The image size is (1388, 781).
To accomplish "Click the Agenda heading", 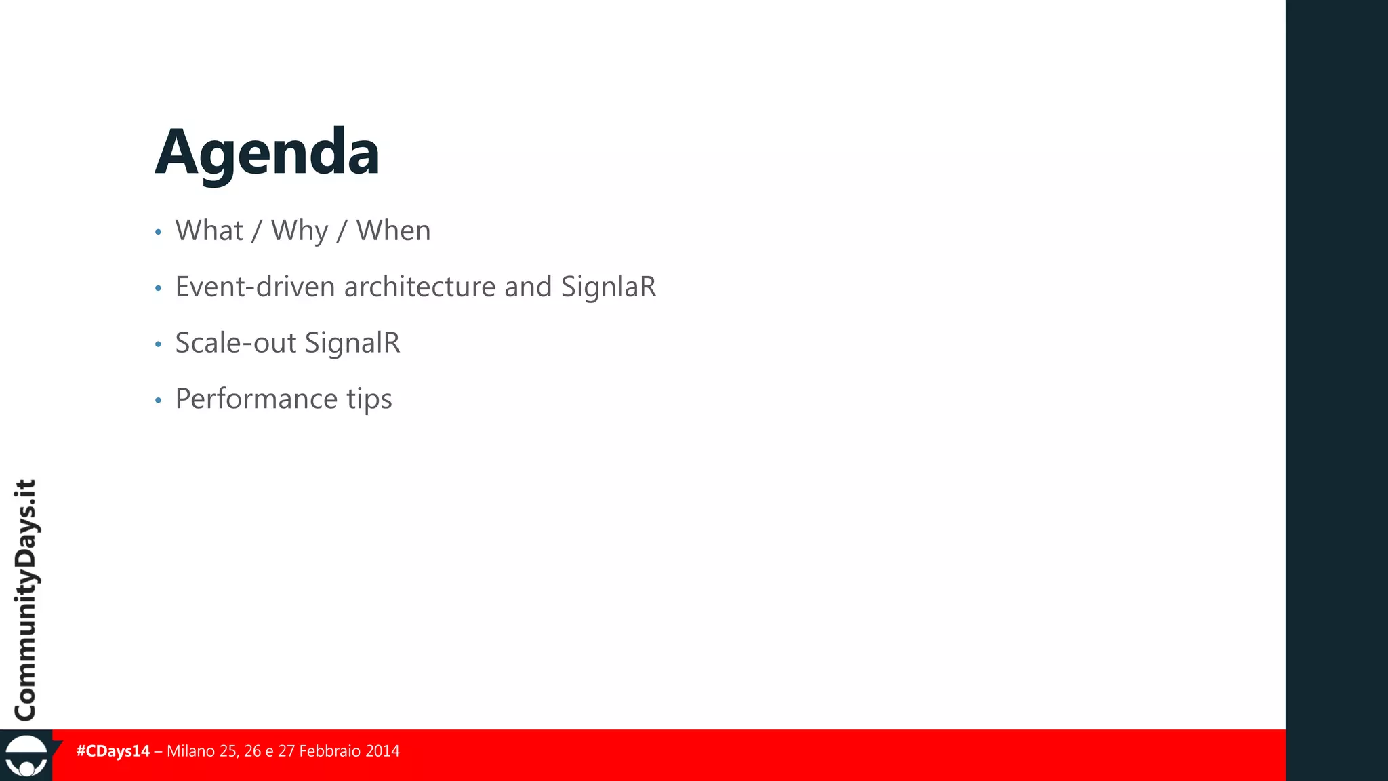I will (x=267, y=153).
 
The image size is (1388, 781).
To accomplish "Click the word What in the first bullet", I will (x=209, y=231).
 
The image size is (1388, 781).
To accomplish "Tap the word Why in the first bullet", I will (x=300, y=231).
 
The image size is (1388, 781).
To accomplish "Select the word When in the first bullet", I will (x=393, y=231).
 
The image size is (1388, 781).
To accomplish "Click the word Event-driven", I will (x=255, y=287).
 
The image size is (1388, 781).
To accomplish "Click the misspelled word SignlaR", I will (x=608, y=287).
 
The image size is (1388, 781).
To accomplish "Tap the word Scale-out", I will (x=235, y=343).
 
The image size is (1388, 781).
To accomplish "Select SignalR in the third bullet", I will (x=352, y=343).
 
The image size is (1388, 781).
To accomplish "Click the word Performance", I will (x=256, y=399).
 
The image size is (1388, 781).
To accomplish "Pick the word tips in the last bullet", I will (x=369, y=399).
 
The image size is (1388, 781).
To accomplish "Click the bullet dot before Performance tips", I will (x=158, y=401).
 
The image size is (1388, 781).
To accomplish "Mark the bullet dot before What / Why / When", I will (x=158, y=233).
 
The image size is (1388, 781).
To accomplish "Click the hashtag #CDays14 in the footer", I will (x=113, y=751).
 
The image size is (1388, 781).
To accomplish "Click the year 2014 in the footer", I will (x=382, y=751).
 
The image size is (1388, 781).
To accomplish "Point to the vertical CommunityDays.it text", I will (x=26, y=600).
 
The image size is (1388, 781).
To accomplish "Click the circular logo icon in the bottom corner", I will (x=26, y=757).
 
